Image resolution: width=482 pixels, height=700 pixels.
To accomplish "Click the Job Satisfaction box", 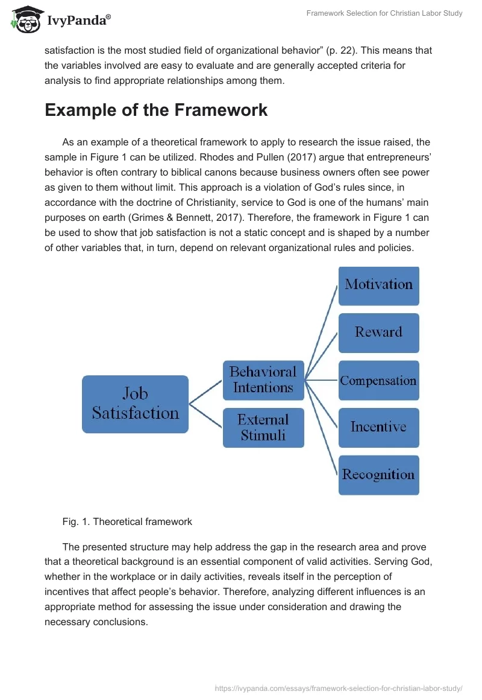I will coord(135,404).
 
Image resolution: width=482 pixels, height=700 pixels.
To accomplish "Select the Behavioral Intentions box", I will coord(263,380).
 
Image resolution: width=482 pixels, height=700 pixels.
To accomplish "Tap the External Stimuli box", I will coord(263,427).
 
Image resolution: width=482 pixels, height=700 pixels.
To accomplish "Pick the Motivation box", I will coord(378,285).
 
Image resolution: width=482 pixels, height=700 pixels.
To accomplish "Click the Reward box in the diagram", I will coord(378,332).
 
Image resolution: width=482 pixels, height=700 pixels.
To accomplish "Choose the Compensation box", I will coord(378,380).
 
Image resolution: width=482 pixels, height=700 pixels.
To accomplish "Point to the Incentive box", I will coord(378,427).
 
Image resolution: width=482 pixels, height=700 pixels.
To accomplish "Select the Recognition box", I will coord(378,475).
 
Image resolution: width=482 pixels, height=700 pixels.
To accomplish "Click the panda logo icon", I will coord(24,20).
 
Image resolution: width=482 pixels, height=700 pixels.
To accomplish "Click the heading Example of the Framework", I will coord(156,110).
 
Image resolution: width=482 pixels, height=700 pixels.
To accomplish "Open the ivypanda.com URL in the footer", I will coord(339,687).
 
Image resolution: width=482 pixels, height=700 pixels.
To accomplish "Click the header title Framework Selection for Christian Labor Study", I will coord(384,13).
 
